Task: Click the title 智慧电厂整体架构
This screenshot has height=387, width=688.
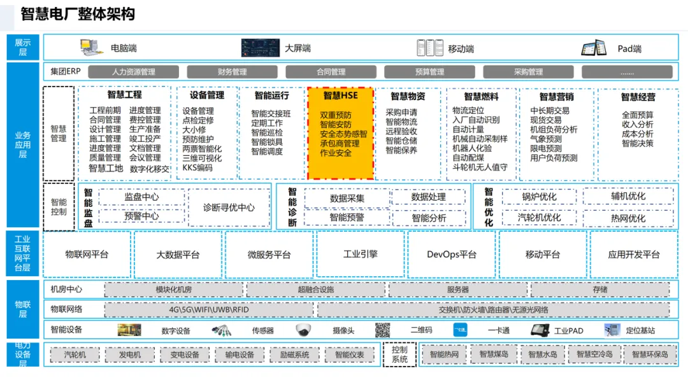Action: (78, 15)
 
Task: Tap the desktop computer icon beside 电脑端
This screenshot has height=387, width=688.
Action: (91, 47)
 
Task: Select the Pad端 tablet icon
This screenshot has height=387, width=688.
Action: (594, 48)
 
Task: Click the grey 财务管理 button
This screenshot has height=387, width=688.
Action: (232, 72)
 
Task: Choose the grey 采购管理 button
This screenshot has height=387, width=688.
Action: (528, 72)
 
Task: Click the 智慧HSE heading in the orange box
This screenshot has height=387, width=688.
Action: (340, 95)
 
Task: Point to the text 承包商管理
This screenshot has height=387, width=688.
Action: (340, 144)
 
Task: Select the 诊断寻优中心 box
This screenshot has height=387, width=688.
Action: (229, 208)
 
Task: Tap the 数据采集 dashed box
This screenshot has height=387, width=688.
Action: (347, 198)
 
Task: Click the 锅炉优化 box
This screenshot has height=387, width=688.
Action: (539, 197)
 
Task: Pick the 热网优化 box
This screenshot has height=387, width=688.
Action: (627, 218)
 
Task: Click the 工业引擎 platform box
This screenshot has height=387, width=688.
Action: (360, 254)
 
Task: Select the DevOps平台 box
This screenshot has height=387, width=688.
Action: (451, 254)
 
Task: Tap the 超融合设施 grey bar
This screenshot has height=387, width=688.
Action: (315, 290)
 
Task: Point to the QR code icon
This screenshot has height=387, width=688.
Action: (382, 330)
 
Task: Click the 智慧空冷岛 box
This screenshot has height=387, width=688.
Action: (594, 355)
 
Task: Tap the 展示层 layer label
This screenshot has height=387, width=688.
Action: (22, 47)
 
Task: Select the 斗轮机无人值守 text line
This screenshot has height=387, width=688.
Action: (480, 167)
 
